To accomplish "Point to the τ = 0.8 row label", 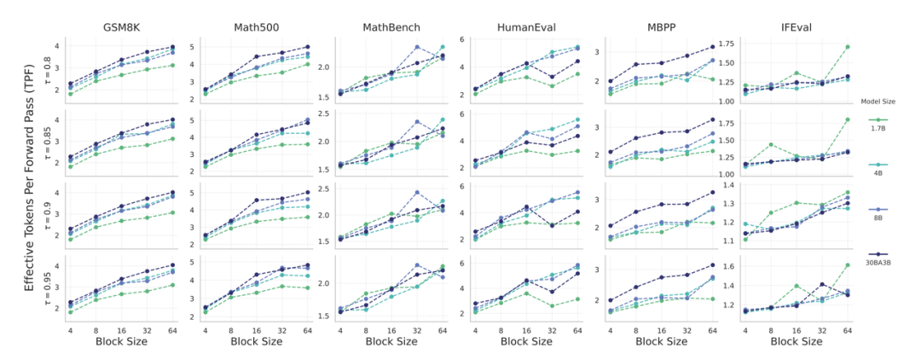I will coord(49,67).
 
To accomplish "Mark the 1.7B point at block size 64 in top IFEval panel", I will coord(846,47).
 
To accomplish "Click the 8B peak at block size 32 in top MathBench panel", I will coord(417,47).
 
